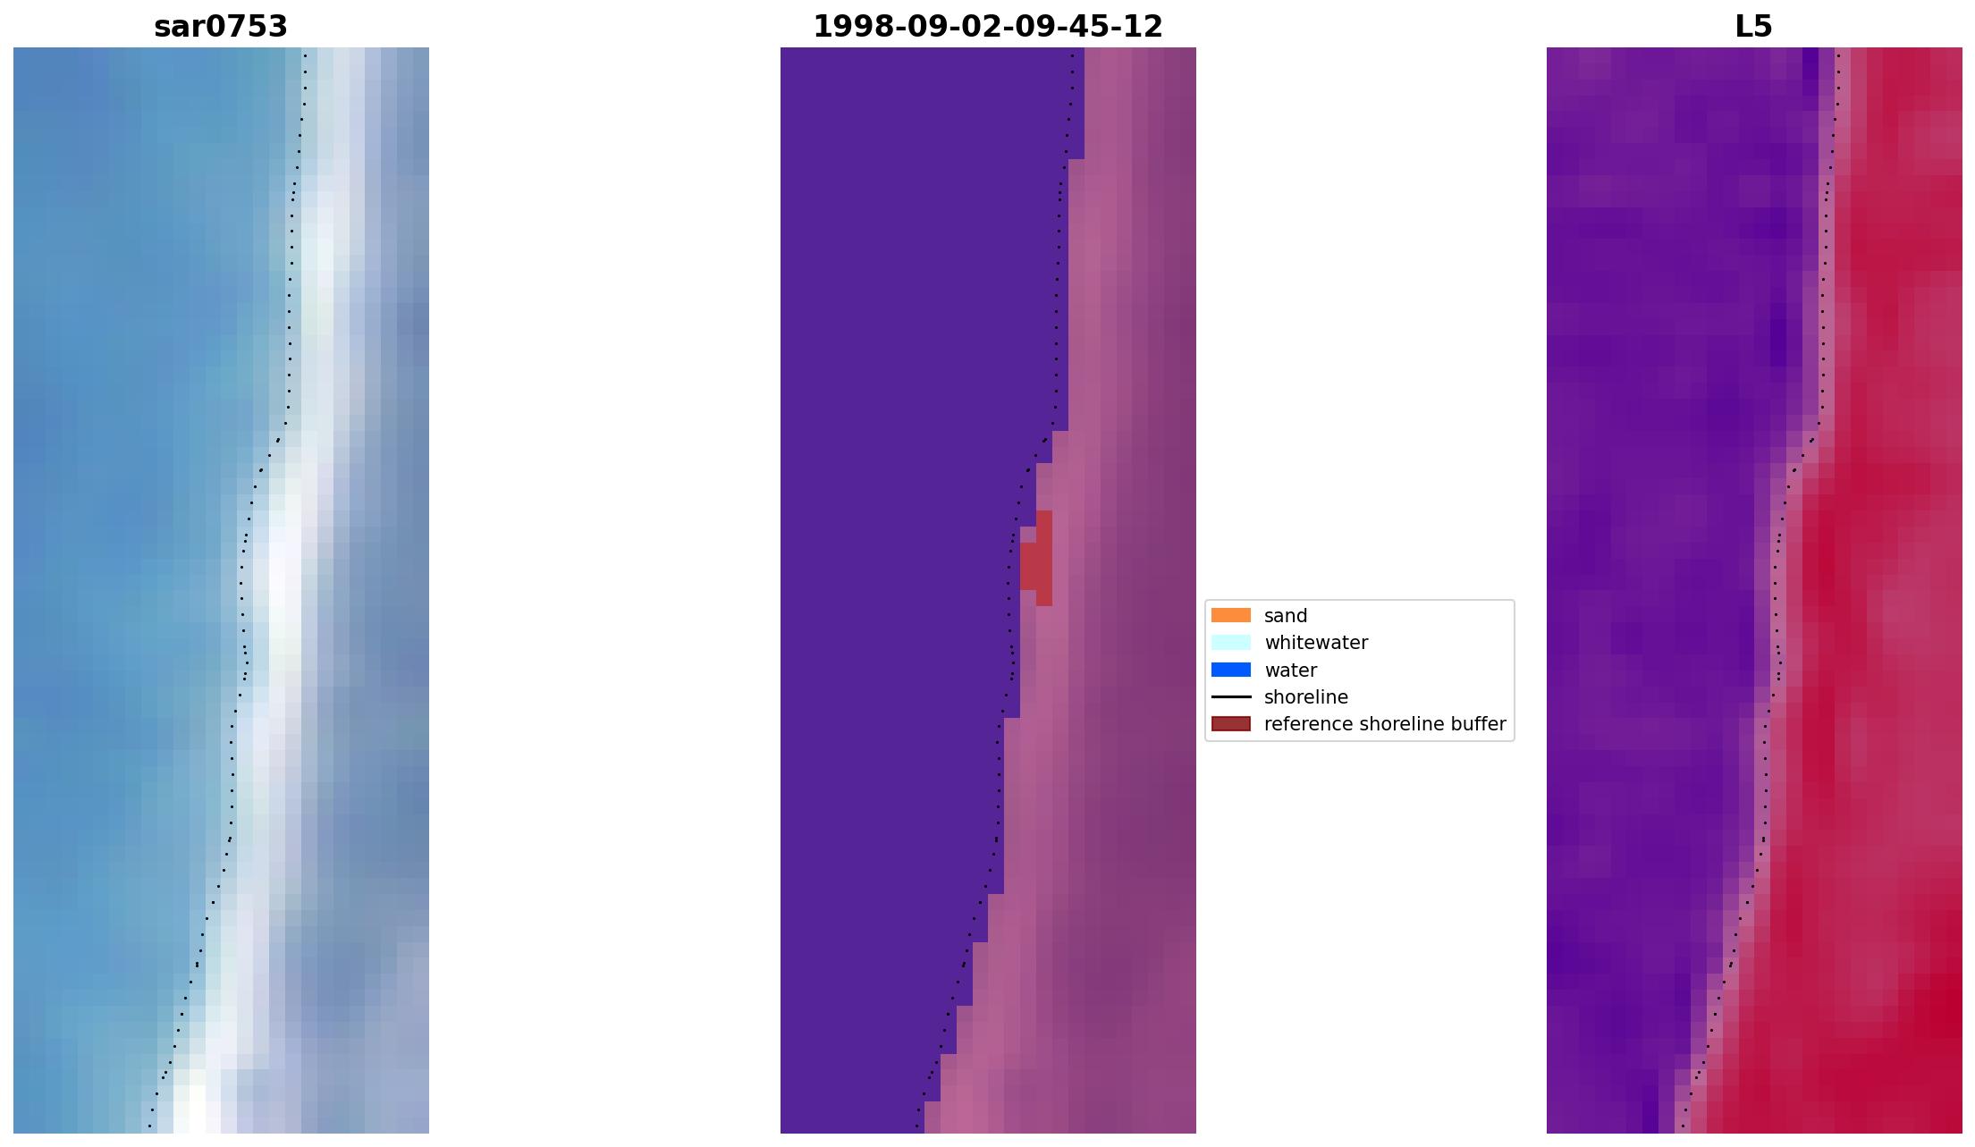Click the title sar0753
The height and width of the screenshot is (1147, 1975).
pos(221,27)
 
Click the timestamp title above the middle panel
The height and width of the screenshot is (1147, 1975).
pos(987,27)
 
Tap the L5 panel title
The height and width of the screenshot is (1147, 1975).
pos(1752,27)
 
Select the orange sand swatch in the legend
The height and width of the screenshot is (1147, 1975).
pos(1230,615)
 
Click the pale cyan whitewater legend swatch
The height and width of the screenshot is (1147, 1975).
pos(1230,642)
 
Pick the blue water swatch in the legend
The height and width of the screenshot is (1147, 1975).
pos(1230,670)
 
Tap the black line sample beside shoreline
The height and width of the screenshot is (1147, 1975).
pos(1230,696)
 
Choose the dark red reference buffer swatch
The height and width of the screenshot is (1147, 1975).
pos(1230,723)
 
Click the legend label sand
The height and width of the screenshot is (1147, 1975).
pos(1285,616)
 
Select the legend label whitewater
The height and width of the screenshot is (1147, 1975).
pos(1315,643)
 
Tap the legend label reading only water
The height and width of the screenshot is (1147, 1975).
pos(1290,670)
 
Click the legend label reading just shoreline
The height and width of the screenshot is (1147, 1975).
pos(1305,697)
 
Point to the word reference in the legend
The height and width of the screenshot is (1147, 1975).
pos(1304,724)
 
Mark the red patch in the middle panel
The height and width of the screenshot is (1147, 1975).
pos(1035,563)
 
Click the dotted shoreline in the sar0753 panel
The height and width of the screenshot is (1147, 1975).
pos(289,358)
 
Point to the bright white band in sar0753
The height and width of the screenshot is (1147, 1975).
pos(279,581)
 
